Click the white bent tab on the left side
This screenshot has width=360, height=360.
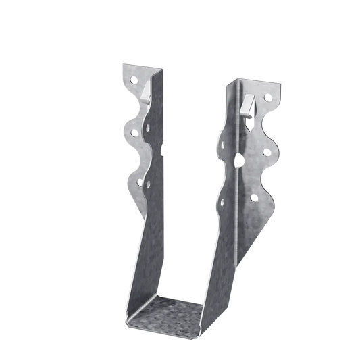[147, 89]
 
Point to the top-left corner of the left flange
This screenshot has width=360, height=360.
[121, 66]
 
